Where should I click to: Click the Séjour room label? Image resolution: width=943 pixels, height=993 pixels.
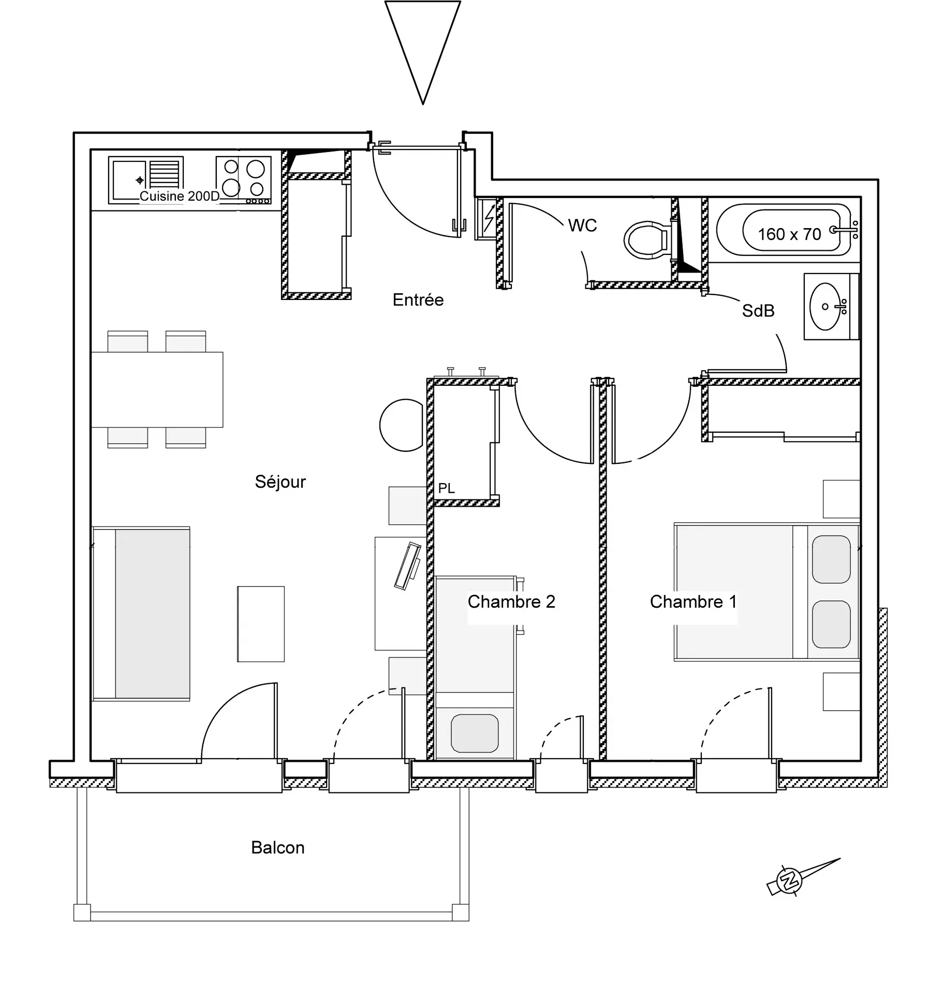pyautogui.click(x=280, y=482)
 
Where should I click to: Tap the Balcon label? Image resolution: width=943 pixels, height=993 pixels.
pyautogui.click(x=277, y=848)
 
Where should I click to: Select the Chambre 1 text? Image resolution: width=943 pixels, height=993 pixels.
pyautogui.click(x=693, y=601)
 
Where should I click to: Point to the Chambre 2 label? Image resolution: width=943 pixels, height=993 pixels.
pyautogui.click(x=511, y=601)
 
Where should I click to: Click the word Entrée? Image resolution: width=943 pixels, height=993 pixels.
pyautogui.click(x=418, y=300)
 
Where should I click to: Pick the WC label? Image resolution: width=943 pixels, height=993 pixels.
pyautogui.click(x=582, y=225)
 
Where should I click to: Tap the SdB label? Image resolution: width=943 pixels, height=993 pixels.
pyautogui.click(x=758, y=311)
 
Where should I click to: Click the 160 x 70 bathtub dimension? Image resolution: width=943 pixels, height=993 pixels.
pyautogui.click(x=789, y=234)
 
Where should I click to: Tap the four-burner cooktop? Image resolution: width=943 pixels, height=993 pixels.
pyautogui.click(x=243, y=178)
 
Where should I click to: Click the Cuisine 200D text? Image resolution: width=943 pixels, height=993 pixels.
pyautogui.click(x=179, y=197)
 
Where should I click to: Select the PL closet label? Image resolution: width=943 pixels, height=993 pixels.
pyautogui.click(x=446, y=488)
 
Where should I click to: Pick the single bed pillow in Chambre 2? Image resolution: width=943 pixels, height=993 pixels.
pyautogui.click(x=474, y=733)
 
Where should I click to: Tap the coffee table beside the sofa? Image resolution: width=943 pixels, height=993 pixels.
pyautogui.click(x=261, y=624)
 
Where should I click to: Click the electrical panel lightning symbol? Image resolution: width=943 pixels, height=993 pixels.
pyautogui.click(x=488, y=218)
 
